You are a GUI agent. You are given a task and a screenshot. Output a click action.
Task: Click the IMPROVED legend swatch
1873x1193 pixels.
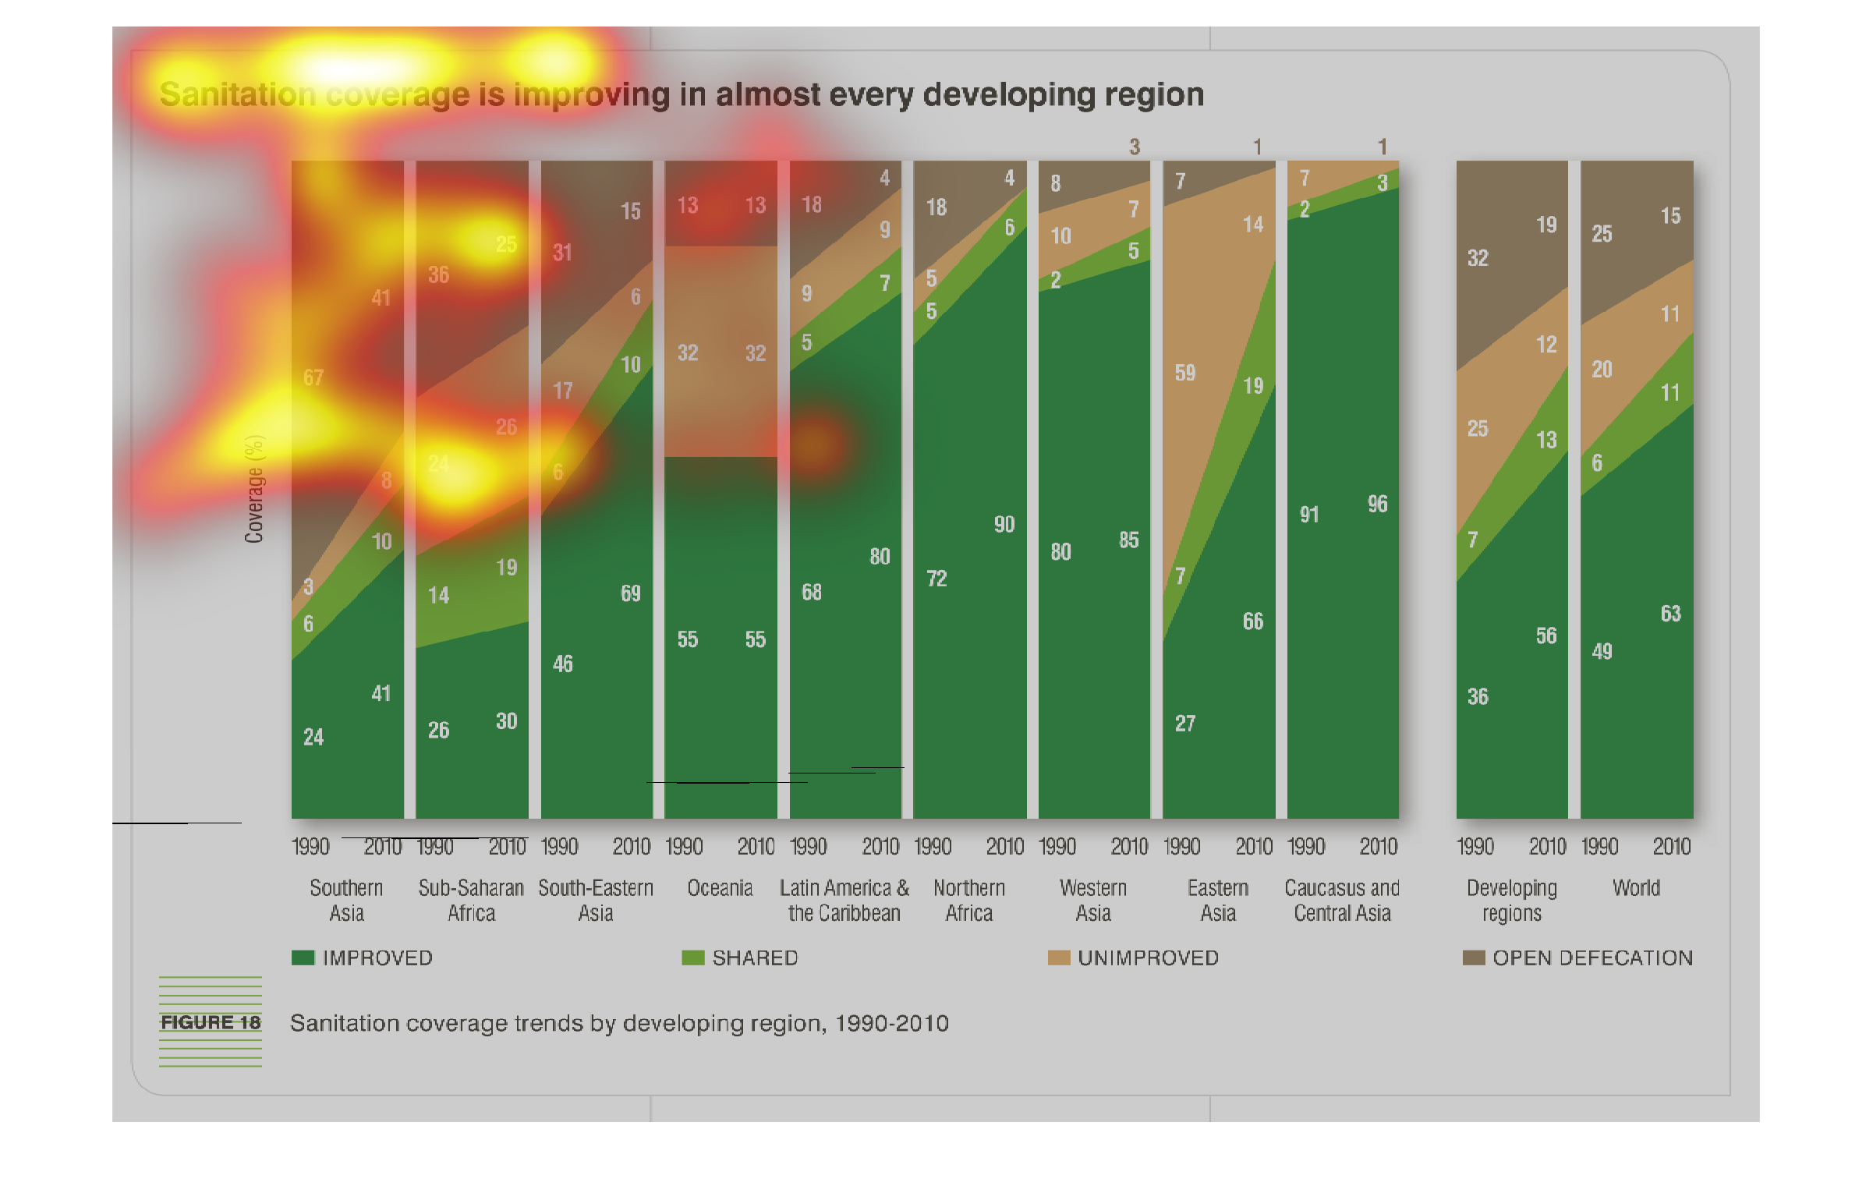click(x=303, y=958)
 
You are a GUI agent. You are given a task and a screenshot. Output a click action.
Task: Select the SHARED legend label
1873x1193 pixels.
click(x=755, y=958)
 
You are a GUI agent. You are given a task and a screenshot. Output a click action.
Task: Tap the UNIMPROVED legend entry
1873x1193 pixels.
click(x=1147, y=958)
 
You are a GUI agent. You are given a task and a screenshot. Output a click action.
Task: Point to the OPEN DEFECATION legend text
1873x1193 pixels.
click(x=1592, y=958)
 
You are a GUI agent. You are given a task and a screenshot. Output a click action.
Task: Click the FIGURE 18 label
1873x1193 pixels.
click(x=211, y=1022)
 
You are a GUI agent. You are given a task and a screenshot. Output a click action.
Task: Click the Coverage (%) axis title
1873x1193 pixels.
click(x=254, y=489)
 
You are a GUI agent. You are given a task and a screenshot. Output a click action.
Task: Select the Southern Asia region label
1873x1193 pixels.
click(x=346, y=900)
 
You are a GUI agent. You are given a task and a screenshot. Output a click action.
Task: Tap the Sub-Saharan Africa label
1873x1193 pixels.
click(x=471, y=900)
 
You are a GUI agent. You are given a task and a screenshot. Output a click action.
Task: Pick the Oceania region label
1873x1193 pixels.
click(x=720, y=888)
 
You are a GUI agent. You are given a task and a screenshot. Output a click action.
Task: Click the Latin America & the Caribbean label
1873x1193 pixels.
click(x=844, y=900)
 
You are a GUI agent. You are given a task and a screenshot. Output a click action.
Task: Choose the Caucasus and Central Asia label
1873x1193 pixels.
click(x=1342, y=900)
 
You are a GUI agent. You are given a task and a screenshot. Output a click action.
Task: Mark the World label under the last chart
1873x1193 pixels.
click(x=1636, y=888)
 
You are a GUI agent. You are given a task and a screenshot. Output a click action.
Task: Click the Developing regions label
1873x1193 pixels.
click(x=1511, y=900)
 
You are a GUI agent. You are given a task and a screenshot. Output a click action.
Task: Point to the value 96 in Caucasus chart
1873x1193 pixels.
click(x=1378, y=504)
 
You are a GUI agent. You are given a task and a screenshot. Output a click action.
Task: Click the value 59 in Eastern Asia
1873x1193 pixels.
click(x=1185, y=373)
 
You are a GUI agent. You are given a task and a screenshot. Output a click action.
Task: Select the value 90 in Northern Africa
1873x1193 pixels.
click(x=1004, y=524)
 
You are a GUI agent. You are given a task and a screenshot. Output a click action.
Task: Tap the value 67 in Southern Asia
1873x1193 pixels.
click(x=313, y=377)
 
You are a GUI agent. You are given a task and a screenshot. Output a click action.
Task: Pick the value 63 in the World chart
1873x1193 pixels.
click(x=1670, y=614)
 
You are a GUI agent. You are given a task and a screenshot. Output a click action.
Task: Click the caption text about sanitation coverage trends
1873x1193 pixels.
click(x=619, y=1023)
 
